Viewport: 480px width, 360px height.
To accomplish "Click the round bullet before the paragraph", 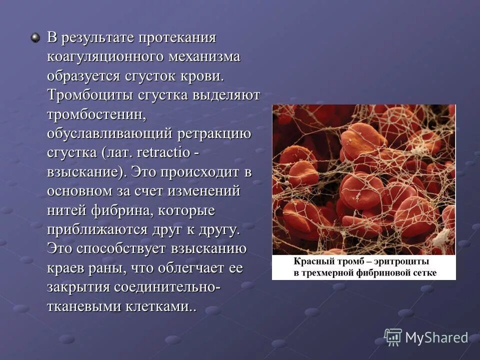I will pyautogui.click(x=35, y=38).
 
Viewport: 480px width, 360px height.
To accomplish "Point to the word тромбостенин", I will pyautogui.click(x=96, y=114).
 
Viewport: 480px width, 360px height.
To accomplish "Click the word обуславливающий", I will pyautogui.click(x=110, y=134).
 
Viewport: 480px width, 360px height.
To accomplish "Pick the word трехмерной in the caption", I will pyautogui.click(x=328, y=273).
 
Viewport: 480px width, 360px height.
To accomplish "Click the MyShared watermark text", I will pyautogui.click(x=436, y=337).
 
